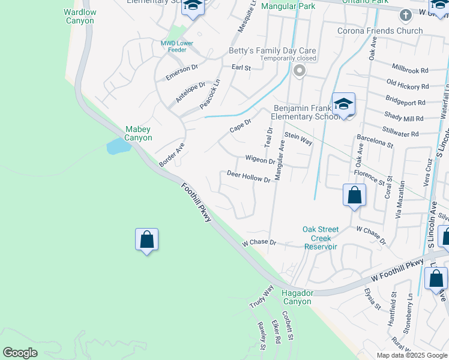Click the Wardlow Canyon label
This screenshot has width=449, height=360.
coord(79,16)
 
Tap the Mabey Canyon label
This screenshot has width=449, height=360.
coord(138,133)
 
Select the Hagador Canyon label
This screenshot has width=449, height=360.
coord(297,297)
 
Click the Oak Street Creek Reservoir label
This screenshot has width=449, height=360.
coord(321,238)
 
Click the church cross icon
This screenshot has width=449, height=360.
coord(406,14)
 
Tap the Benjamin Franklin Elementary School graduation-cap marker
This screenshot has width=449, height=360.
coord(343,104)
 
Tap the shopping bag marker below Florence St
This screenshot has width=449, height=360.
coord(354,195)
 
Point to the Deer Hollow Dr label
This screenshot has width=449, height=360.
coord(249,176)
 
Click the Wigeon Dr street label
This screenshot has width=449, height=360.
coord(260,160)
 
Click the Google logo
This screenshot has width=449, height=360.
coord(20,353)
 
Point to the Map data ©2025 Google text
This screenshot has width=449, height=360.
coord(411,355)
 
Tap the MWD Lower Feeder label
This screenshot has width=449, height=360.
coord(176,47)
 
